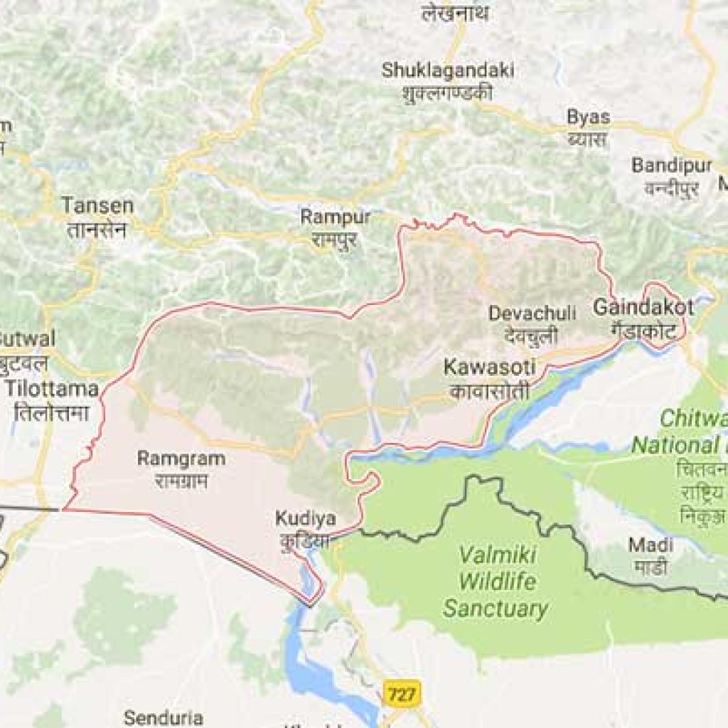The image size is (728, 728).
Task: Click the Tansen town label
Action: click(x=97, y=206)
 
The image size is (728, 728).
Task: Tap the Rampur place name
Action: click(x=326, y=217)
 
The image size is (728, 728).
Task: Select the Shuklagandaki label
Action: click(x=448, y=70)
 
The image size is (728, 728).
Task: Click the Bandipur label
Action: click(x=672, y=166)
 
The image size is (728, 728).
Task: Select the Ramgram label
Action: click(x=181, y=459)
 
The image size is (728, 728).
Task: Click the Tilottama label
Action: click(x=52, y=390)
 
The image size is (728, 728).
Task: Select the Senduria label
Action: click(x=164, y=717)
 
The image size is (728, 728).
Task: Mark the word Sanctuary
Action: click(x=496, y=609)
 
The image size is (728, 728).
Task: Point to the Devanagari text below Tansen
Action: click(x=97, y=230)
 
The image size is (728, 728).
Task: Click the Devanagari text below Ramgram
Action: click(x=181, y=481)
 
